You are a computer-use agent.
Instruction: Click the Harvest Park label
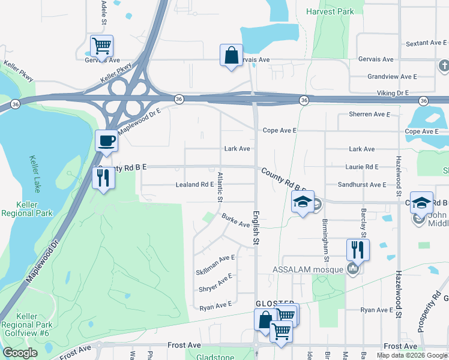330,11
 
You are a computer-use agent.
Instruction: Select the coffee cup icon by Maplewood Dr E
107,142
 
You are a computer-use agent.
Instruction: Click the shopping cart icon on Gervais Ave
101,46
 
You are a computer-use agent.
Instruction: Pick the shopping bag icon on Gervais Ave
231,56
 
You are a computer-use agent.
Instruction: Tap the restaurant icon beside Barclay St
358,249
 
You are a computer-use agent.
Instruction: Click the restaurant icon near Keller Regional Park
103,178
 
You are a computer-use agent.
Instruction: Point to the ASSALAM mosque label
307,269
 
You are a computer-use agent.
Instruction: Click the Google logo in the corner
20,353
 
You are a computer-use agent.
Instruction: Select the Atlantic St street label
220,187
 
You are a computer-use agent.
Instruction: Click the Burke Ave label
235,220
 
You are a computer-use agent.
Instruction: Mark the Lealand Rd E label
194,185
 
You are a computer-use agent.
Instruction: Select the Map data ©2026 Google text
411,355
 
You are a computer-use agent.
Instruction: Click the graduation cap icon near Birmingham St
303,202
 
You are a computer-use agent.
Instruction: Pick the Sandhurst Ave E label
362,185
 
